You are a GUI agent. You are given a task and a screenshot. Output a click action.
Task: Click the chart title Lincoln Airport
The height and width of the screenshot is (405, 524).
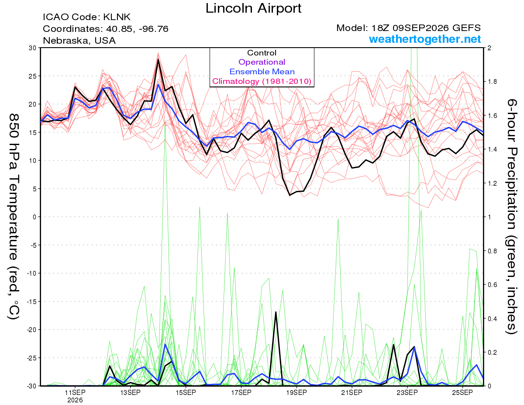point(253,8)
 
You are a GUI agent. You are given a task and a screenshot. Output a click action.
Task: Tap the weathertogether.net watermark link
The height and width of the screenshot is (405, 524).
point(425,39)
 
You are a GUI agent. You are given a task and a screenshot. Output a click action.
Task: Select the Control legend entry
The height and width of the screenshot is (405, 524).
point(262,52)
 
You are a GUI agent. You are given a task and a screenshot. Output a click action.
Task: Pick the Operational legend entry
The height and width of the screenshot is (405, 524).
point(262,62)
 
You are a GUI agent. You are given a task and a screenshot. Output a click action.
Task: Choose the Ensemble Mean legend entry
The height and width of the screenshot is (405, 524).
point(262,72)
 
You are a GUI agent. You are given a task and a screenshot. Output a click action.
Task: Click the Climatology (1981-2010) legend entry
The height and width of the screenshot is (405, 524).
point(262,81)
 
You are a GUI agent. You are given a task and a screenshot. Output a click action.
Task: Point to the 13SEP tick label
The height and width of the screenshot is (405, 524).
point(130,392)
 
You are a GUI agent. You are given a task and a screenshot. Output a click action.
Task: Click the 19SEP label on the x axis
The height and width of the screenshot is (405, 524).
point(296,392)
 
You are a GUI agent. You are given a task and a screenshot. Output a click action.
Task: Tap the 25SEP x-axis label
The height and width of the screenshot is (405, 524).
point(462,392)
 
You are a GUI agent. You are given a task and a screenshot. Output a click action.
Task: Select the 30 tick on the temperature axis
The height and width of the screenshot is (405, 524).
point(32,48)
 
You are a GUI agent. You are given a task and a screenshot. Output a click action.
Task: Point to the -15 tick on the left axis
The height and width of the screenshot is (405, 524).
point(31,301)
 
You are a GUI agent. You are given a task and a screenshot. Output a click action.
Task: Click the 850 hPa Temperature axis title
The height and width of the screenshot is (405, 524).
point(14,217)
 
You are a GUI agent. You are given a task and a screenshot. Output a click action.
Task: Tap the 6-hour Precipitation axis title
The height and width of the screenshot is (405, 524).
point(511,216)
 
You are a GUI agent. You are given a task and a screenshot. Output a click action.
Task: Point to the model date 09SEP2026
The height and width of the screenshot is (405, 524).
point(421,28)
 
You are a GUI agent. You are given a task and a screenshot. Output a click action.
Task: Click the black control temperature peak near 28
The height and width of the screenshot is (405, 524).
point(158,59)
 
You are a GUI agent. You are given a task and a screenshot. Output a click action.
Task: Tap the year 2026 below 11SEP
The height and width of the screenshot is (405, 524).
point(75,400)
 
